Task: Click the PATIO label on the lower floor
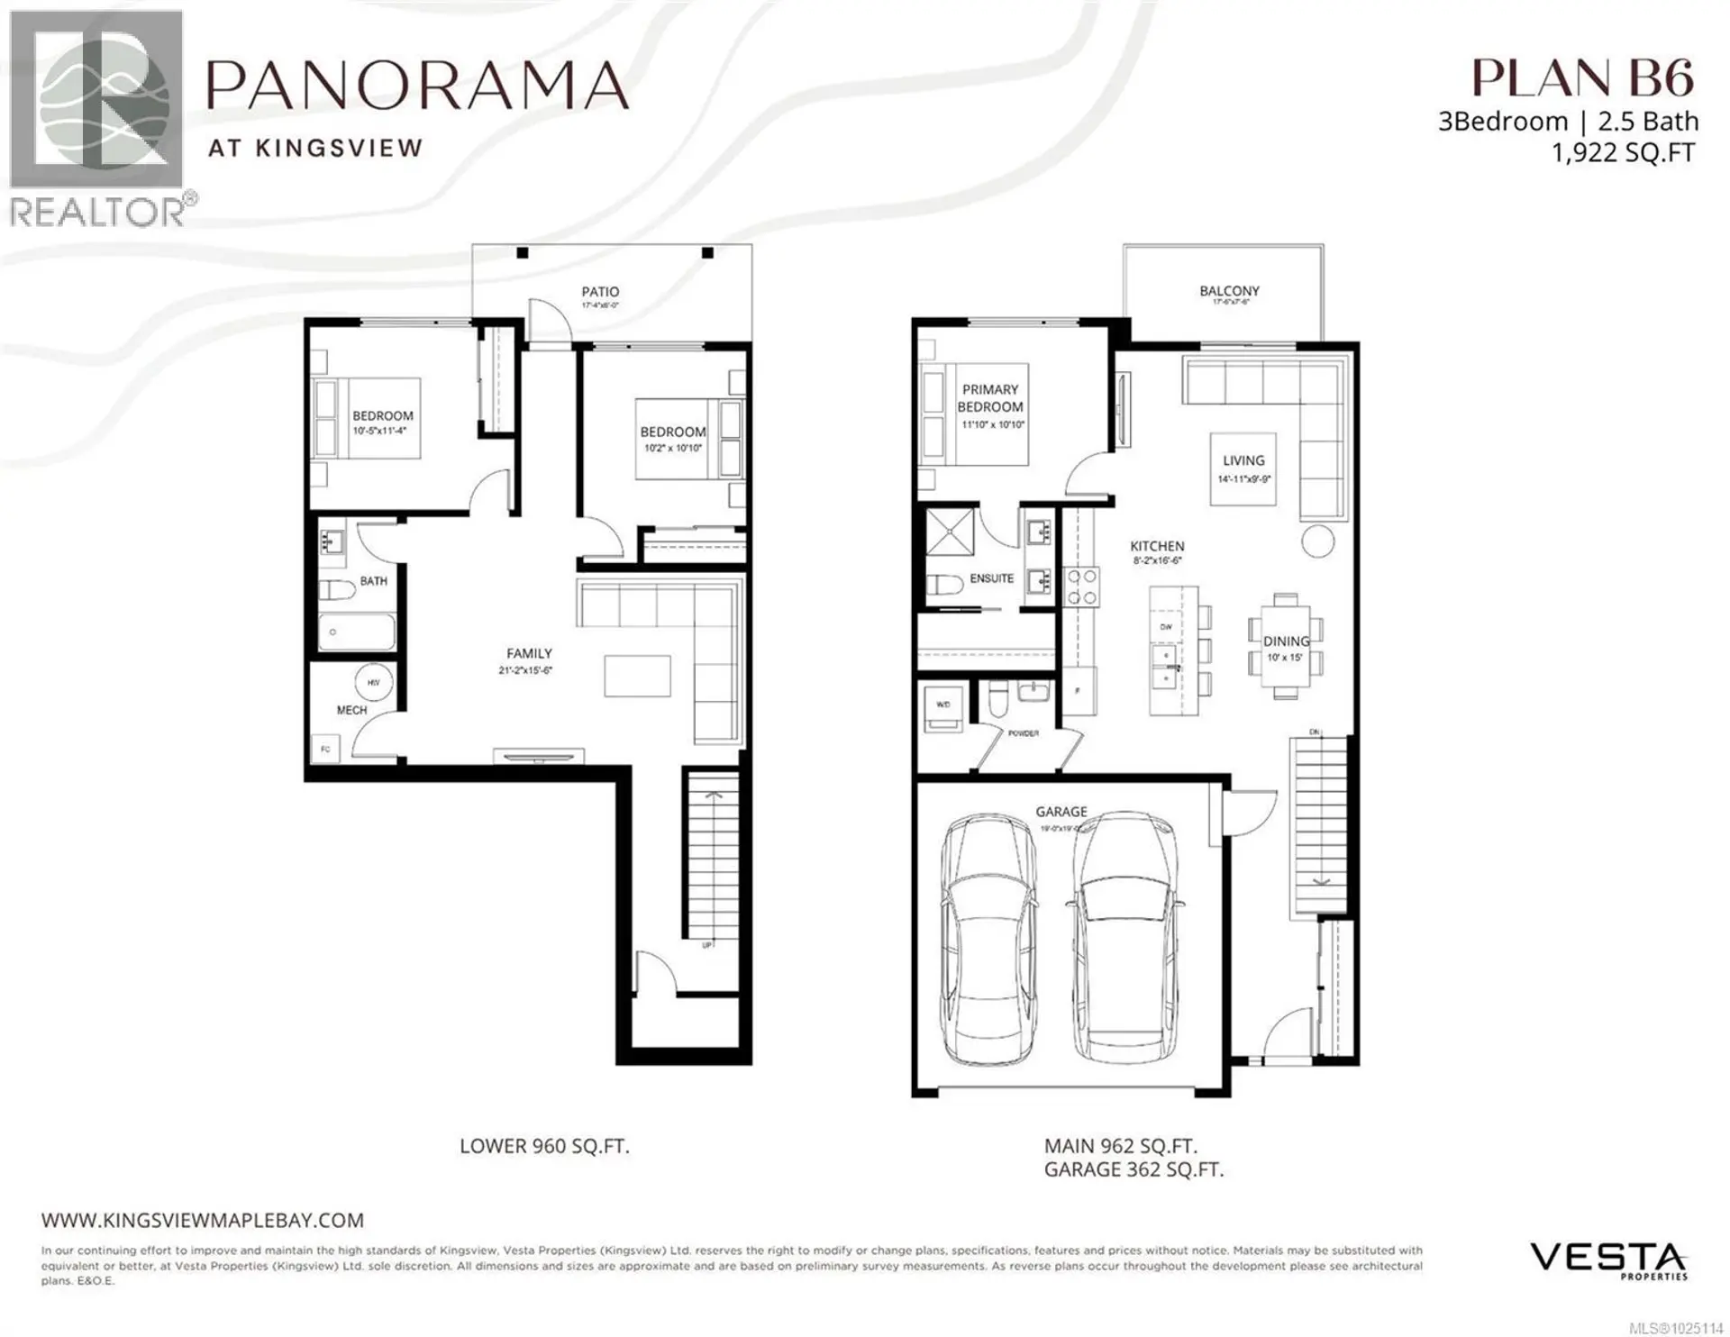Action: [600, 292]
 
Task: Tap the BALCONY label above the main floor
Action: [1229, 291]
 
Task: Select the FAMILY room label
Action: [529, 653]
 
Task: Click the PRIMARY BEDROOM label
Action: [990, 398]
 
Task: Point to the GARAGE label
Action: [1061, 812]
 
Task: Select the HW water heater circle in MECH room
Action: [372, 683]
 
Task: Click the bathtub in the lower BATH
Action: [357, 632]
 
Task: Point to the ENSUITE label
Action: [991, 578]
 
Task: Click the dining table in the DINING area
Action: [1286, 645]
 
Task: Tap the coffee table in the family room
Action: [637, 676]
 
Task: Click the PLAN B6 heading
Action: [1582, 78]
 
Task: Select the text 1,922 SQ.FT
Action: [1622, 153]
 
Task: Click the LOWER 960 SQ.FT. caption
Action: [544, 1146]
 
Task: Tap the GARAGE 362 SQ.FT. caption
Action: [1134, 1169]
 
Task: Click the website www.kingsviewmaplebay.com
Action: [203, 1220]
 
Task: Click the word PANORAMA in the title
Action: [418, 86]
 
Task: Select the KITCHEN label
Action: [1157, 546]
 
